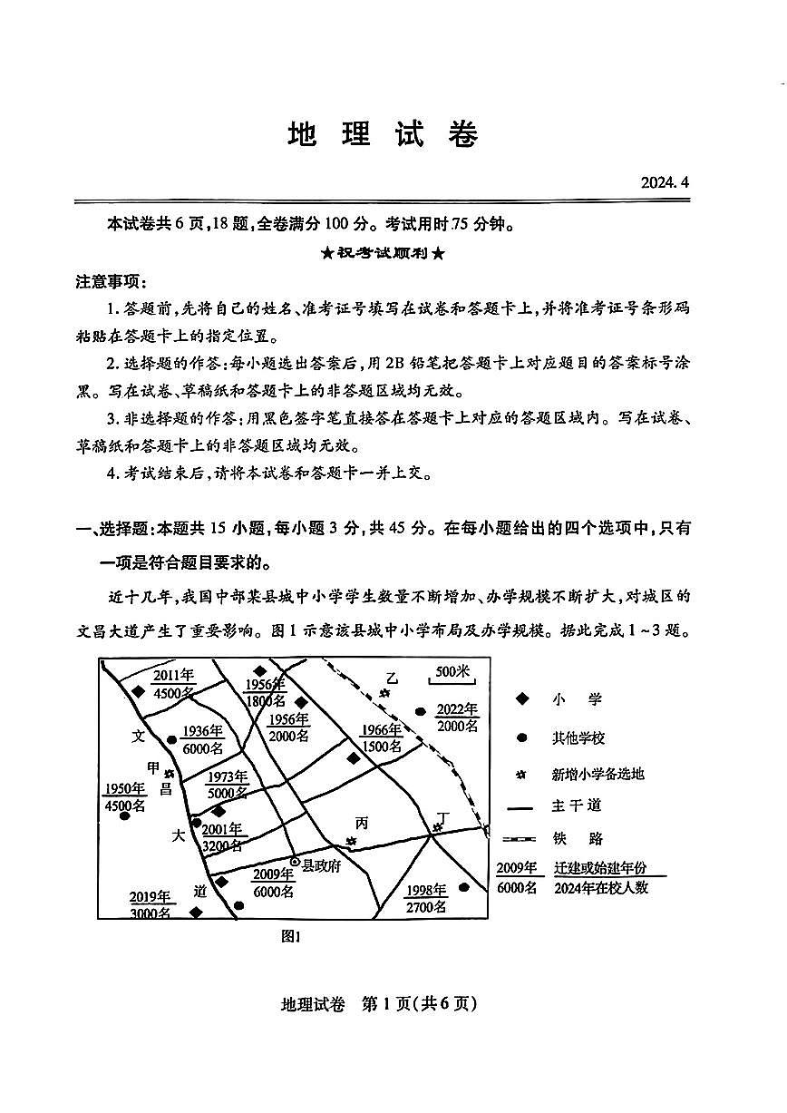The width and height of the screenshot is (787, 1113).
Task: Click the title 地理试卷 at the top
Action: [x=382, y=134]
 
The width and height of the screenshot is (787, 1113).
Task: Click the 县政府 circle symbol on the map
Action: [x=294, y=862]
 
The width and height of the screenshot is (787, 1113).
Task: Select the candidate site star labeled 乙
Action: [x=385, y=694]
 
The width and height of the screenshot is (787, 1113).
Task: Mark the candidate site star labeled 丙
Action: [x=352, y=842]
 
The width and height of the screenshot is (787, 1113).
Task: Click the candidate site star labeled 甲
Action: [x=169, y=774]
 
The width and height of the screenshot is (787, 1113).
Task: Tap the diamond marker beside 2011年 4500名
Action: [x=138, y=691]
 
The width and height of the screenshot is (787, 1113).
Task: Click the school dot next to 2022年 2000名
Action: [x=420, y=712]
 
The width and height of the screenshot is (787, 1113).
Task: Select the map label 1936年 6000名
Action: [x=202, y=740]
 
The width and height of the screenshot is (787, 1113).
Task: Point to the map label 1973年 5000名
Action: [x=228, y=785]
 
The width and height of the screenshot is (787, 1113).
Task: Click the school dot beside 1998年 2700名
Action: [x=464, y=887]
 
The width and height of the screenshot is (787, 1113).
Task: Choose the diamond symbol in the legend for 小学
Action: [x=521, y=699]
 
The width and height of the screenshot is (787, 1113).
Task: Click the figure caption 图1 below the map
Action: [x=291, y=938]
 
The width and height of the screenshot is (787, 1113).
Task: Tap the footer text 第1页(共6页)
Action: [x=419, y=1003]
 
